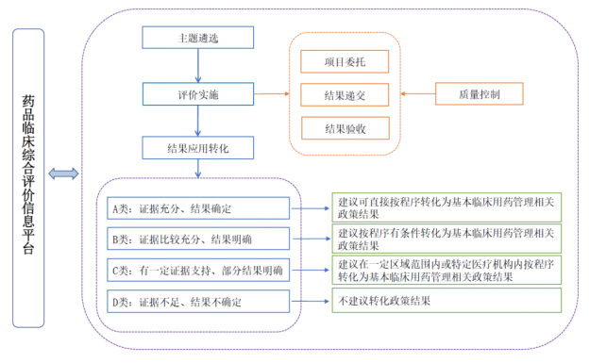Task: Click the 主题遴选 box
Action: (198, 38)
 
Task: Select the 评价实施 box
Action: (198, 93)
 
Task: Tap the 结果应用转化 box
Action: (198, 148)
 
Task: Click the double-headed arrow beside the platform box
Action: (63, 173)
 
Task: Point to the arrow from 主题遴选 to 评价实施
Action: (198, 66)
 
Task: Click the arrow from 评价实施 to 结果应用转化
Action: (198, 121)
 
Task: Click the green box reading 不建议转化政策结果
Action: (444, 301)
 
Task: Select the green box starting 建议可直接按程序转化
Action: (444, 207)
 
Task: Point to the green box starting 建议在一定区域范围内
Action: (444, 270)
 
